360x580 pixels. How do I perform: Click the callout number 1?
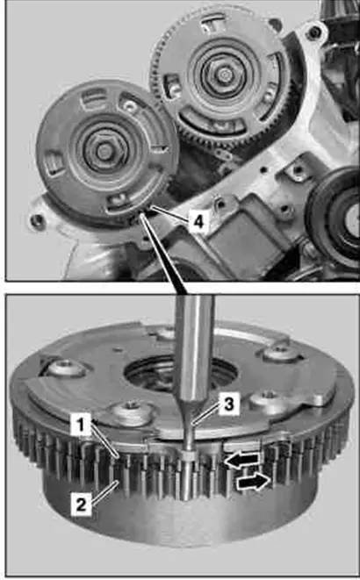[81, 425]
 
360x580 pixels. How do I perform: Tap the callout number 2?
[81, 505]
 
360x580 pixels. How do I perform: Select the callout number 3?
[228, 404]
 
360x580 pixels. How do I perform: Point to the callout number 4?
[198, 222]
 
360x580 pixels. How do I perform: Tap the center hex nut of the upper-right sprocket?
[222, 75]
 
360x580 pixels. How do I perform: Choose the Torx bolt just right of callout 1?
[129, 412]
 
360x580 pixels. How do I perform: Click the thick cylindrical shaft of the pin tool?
[194, 347]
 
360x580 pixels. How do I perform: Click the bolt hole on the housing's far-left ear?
[37, 221]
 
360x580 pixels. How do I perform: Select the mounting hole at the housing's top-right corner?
[314, 32]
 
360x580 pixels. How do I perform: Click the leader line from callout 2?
[104, 491]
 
